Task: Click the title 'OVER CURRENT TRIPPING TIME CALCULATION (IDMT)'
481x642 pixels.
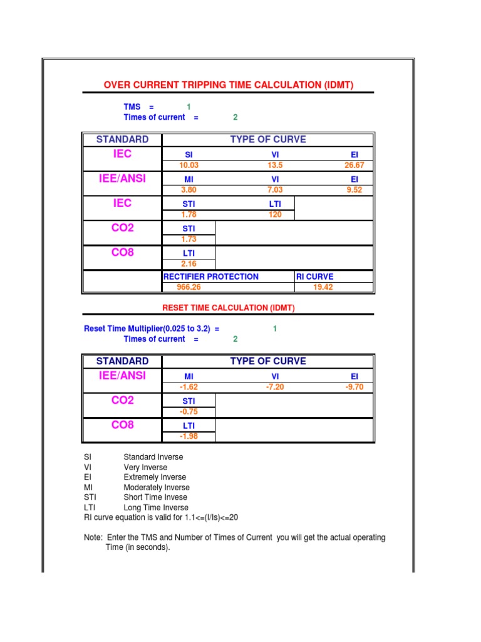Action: pos(228,85)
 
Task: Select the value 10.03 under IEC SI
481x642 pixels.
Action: pos(189,166)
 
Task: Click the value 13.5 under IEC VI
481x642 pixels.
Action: pos(275,166)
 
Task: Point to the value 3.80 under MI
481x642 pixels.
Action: pos(189,190)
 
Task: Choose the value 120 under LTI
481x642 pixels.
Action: pos(275,214)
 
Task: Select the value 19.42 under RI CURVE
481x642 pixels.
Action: pos(323,288)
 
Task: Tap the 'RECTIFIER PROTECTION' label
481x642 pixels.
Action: pos(211,276)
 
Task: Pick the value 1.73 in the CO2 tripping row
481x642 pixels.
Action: pos(189,239)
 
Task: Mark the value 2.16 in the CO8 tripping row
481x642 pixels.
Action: pos(189,264)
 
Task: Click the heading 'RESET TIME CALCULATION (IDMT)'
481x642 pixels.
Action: pos(228,307)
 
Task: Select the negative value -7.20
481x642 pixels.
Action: pos(275,387)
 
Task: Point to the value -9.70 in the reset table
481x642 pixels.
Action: pos(354,387)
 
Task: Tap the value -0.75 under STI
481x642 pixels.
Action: pos(189,412)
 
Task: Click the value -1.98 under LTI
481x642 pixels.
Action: pos(189,436)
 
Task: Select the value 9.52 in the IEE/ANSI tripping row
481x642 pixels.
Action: pos(354,190)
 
